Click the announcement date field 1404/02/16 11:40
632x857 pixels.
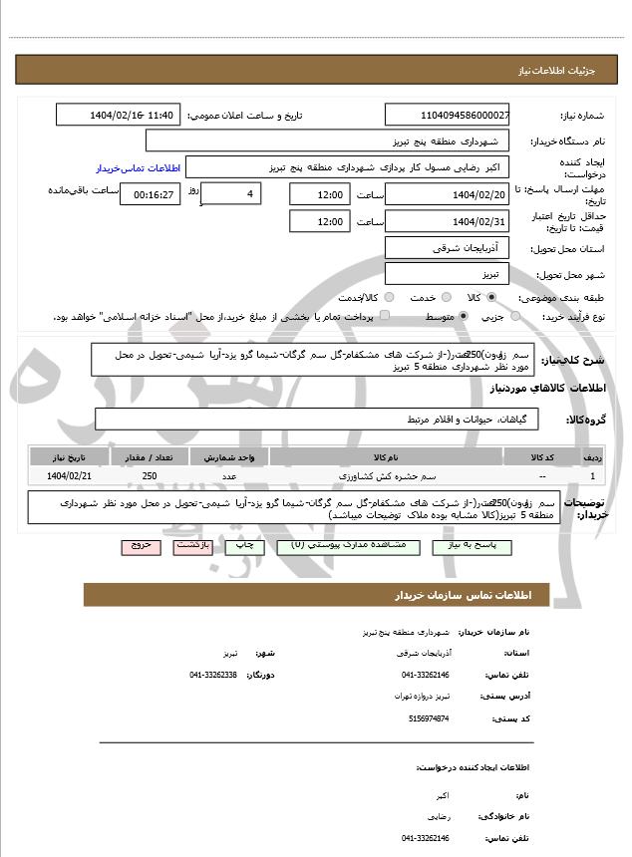click(x=119, y=116)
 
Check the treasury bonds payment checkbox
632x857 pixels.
click(x=386, y=317)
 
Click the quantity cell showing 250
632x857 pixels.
click(x=150, y=477)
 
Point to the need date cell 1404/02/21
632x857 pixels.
click(x=69, y=477)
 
